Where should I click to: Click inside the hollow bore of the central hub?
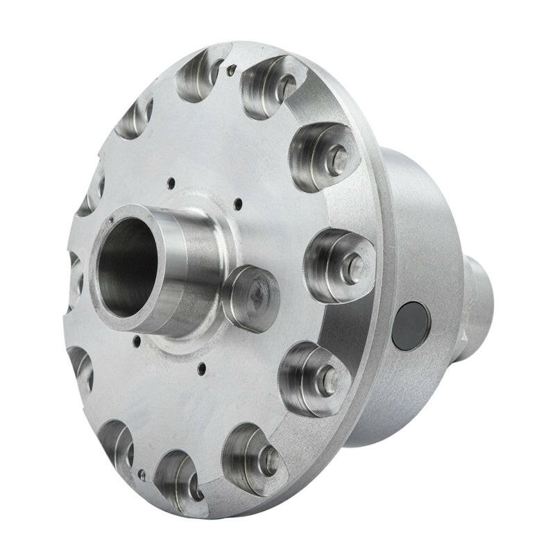tap(125, 267)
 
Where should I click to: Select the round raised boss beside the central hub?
tap(251, 297)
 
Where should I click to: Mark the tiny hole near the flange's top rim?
tap(232, 68)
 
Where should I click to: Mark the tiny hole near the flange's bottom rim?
tap(142, 476)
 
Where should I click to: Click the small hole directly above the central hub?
tap(170, 184)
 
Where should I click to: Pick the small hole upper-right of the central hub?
tap(238, 203)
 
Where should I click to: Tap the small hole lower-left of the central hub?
tap(137, 341)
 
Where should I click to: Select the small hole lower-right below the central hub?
tap(201, 369)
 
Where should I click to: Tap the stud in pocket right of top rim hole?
tap(284, 87)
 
